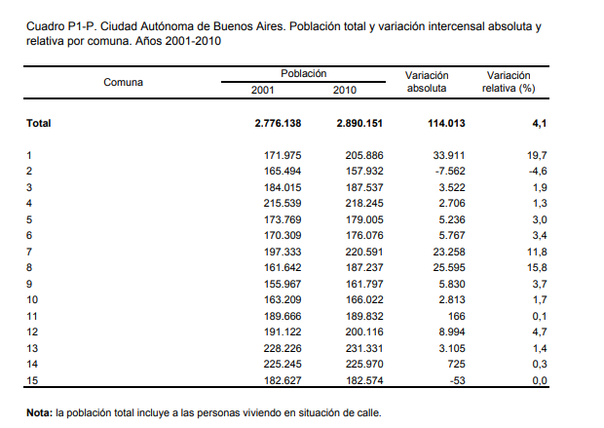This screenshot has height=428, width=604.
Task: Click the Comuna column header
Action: (x=124, y=82)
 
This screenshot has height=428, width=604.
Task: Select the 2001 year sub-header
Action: (x=262, y=91)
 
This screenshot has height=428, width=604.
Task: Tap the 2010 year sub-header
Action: (x=344, y=91)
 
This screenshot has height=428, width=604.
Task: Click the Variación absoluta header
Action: (x=427, y=82)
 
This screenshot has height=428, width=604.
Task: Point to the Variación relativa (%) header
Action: (x=509, y=82)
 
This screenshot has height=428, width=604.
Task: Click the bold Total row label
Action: (x=39, y=124)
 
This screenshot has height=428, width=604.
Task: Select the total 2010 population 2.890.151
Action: (x=359, y=124)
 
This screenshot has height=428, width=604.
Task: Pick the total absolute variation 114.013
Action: (x=446, y=124)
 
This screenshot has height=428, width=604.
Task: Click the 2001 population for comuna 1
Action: (x=283, y=155)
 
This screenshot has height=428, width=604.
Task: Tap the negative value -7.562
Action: (x=450, y=171)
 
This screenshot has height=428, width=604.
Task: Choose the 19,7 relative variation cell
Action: (x=537, y=155)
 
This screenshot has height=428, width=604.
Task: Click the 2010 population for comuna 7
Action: (x=364, y=252)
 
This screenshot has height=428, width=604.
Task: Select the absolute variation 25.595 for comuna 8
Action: (x=449, y=267)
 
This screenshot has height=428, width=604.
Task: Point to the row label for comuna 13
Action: (x=32, y=348)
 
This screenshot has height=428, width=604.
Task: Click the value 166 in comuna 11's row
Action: (x=457, y=316)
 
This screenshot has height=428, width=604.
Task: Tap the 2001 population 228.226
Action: (x=283, y=348)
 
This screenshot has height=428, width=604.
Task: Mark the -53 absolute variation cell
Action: (x=457, y=380)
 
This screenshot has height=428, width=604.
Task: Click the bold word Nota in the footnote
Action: (x=39, y=413)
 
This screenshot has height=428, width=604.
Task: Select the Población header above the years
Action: (x=304, y=73)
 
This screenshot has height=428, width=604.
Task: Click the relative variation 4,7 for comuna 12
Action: (x=540, y=331)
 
